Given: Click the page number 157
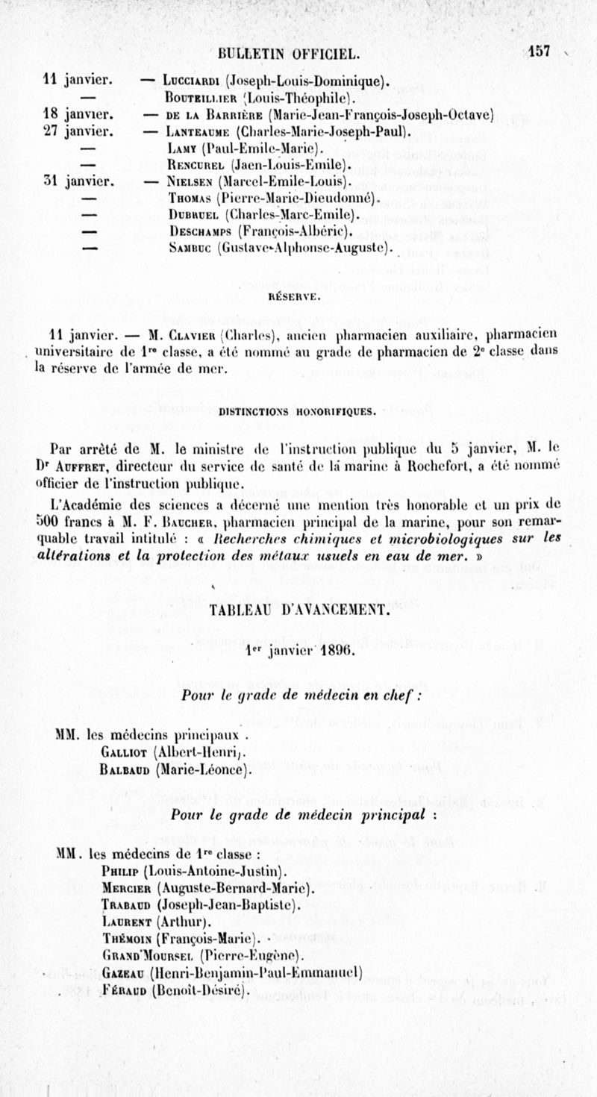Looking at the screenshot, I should tap(537, 51).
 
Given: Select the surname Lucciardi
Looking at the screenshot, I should tap(183, 81).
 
